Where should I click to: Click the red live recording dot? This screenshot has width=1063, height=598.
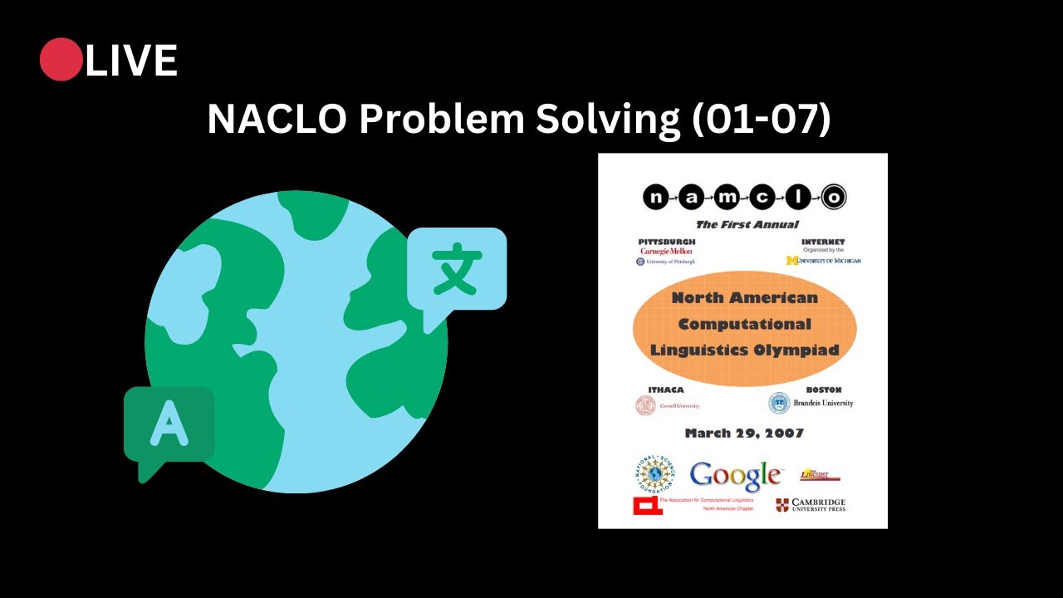[61, 60]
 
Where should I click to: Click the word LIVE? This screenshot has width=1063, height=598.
[131, 61]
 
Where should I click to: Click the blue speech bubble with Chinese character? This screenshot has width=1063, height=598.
[456, 271]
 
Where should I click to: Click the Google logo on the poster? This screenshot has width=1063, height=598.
[735, 476]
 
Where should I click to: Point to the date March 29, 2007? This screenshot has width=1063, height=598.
[744, 433]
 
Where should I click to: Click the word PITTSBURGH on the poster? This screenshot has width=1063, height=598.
[667, 242]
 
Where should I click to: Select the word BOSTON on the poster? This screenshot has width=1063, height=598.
[823, 390]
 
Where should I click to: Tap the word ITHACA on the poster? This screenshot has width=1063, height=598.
[665, 390]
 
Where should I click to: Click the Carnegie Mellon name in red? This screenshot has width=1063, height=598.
[666, 251]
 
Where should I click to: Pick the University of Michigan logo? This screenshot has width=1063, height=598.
[823, 260]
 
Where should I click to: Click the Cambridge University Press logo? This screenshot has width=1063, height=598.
[811, 505]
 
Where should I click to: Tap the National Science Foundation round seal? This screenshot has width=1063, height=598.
[655, 473]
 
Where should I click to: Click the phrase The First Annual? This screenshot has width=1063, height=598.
[747, 224]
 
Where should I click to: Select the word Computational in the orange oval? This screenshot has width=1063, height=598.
[744, 323]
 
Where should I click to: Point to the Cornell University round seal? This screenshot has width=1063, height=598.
[645, 405]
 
